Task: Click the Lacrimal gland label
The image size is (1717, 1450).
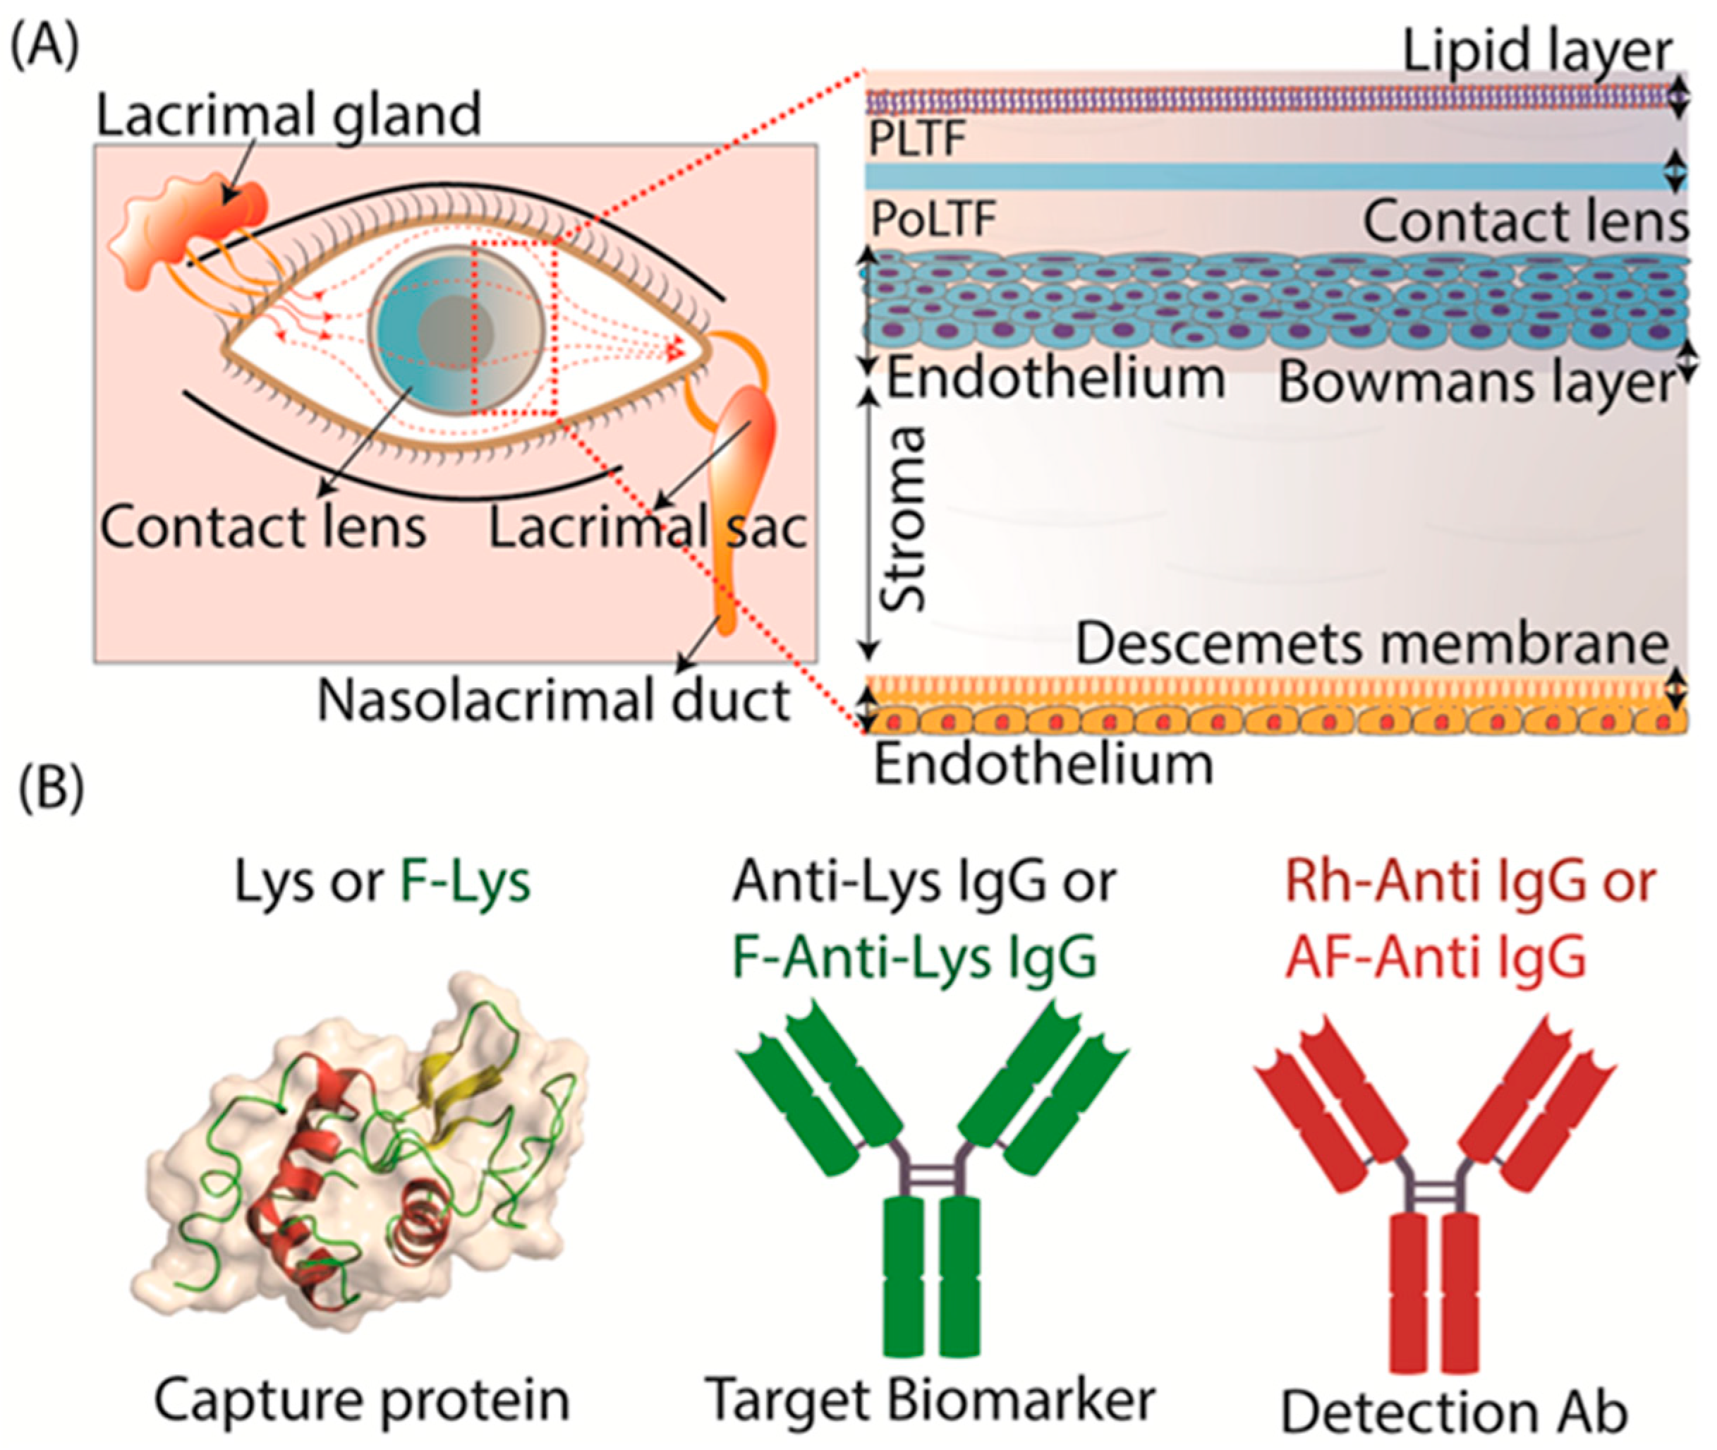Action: pyautogui.click(x=289, y=116)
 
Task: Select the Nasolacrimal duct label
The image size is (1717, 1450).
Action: pyautogui.click(x=554, y=701)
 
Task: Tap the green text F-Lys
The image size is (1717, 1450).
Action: pyautogui.click(x=464, y=882)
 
